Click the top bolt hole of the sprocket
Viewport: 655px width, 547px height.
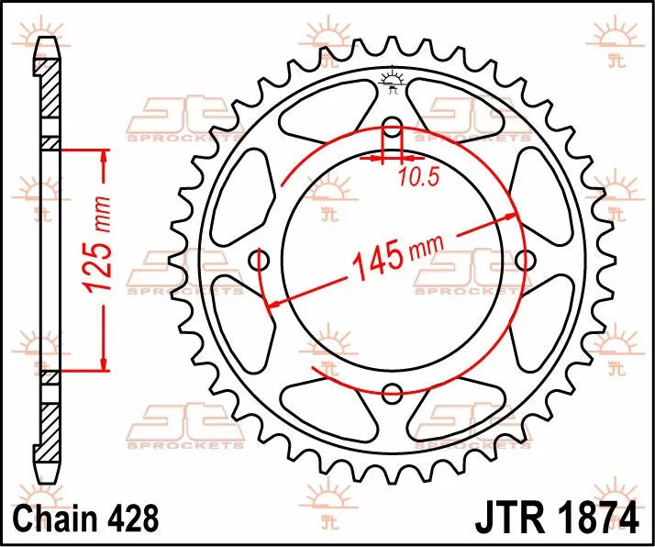[x=392, y=127]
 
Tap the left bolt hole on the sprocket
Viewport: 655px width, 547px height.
[x=260, y=261]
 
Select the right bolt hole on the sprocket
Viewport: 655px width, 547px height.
[x=525, y=261]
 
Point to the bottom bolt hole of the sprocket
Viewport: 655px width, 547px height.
[x=392, y=394]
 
